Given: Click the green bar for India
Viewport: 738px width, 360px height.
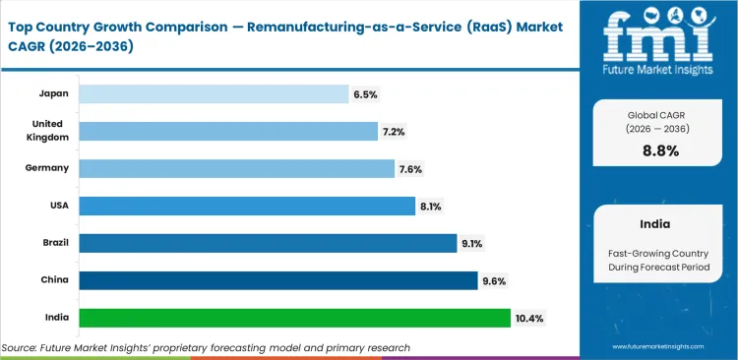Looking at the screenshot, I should pyautogui.click(x=294, y=318).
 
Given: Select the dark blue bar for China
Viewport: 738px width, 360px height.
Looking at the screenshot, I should pyautogui.click(x=278, y=280).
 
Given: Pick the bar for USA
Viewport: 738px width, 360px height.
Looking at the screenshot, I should pyautogui.click(x=247, y=206).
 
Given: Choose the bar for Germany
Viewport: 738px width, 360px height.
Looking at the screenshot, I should pyautogui.click(x=236, y=168).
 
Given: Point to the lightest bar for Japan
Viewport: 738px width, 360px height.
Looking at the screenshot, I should pyautogui.click(x=214, y=94).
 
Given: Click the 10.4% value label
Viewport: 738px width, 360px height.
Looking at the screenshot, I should pyautogui.click(x=529, y=318).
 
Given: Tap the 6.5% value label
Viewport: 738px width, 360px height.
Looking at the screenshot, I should pyautogui.click(x=365, y=94).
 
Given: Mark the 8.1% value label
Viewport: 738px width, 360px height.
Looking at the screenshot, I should pyautogui.click(x=432, y=206).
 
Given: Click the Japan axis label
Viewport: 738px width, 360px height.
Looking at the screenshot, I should pyautogui.click(x=53, y=94).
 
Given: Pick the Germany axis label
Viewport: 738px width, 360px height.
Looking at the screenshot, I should pyautogui.click(x=47, y=168).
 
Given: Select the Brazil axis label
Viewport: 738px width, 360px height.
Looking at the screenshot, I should pyautogui.click(x=53, y=243).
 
